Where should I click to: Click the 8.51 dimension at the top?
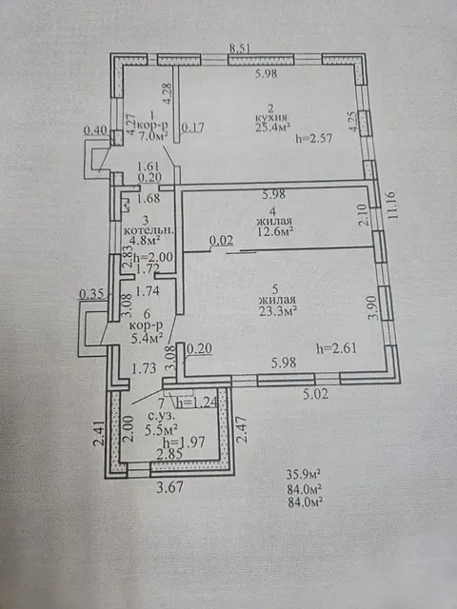[x=240, y=49]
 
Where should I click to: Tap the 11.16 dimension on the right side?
[x=392, y=205]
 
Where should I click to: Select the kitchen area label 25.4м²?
[x=273, y=127]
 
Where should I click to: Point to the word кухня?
[x=271, y=117]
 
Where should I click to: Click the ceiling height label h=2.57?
[x=313, y=138]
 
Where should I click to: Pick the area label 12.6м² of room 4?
[x=274, y=231]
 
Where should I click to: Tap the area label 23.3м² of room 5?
[x=278, y=310]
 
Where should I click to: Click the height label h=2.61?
[x=336, y=348]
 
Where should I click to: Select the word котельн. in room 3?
[x=149, y=230]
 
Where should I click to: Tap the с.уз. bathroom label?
[x=161, y=416]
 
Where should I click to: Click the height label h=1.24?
[x=196, y=403]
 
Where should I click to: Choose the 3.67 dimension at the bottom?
[x=169, y=486]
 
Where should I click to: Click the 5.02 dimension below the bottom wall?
[x=315, y=394]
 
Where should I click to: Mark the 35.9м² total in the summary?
[x=303, y=475]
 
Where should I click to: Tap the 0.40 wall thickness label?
[x=95, y=130]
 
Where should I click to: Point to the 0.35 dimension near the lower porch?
[x=91, y=294]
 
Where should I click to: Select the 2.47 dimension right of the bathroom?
[x=242, y=429]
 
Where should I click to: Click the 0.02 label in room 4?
[x=222, y=241]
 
